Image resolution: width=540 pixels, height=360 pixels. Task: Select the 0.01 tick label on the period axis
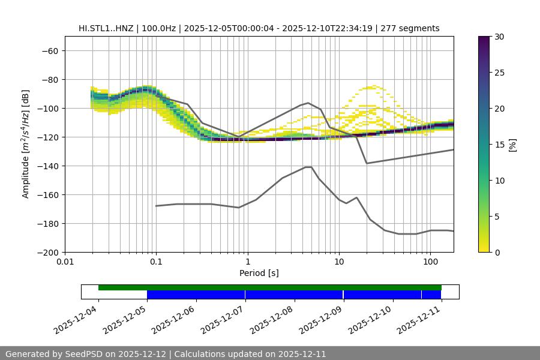coord(65,262)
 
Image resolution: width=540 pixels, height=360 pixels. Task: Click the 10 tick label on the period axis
coord(339,262)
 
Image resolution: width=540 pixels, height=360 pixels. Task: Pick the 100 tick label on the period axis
coord(430,262)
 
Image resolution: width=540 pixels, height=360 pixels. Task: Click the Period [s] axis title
coord(259,273)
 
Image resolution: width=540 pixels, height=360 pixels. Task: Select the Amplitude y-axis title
coord(26,145)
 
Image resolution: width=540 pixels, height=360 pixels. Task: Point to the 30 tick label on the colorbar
coord(499,37)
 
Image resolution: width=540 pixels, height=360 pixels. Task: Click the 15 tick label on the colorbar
coord(499,145)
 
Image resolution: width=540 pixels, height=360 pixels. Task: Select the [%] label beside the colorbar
coord(512,145)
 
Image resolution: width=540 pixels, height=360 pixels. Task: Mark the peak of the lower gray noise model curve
coord(308,167)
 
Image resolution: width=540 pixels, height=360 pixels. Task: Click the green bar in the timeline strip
coord(270,287)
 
